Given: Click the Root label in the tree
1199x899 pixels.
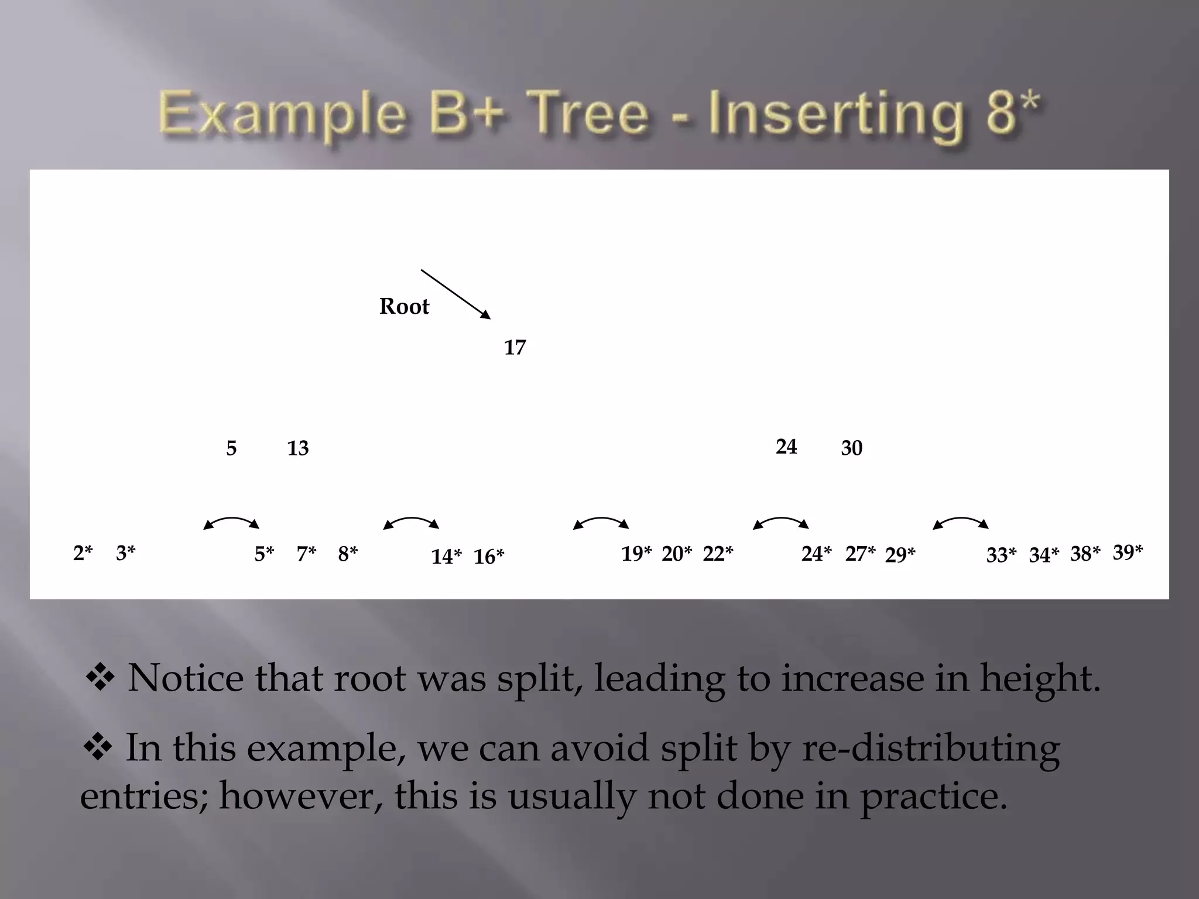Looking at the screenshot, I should pyautogui.click(x=404, y=307).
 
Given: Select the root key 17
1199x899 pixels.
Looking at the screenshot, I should pyautogui.click(x=515, y=348).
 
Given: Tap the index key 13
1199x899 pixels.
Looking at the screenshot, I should pyautogui.click(x=297, y=448).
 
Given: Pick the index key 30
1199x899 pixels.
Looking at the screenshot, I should pyautogui.click(x=852, y=448).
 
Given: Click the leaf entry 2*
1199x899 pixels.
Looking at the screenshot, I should pyautogui.click(x=83, y=553).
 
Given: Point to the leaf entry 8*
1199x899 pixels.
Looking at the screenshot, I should pyautogui.click(x=348, y=554).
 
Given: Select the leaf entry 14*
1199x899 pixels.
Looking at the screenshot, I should pyautogui.click(x=446, y=557).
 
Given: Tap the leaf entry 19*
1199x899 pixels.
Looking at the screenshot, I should pyautogui.click(x=636, y=554).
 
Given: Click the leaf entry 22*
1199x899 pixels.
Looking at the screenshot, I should pyautogui.click(x=718, y=554).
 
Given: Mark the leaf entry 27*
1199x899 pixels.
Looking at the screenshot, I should pyautogui.click(x=860, y=554).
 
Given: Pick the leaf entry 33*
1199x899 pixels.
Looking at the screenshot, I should pyautogui.click(x=1001, y=555).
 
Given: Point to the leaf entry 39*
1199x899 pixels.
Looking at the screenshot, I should pyautogui.click(x=1128, y=552).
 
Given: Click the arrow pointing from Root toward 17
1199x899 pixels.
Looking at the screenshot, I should pyautogui.click(x=455, y=294).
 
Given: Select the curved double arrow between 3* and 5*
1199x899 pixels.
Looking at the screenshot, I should pyautogui.click(x=231, y=522).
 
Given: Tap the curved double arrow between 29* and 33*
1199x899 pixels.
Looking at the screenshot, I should pyautogui.click(x=961, y=522).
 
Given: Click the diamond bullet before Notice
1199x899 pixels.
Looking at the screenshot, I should pyautogui.click(x=100, y=678).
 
